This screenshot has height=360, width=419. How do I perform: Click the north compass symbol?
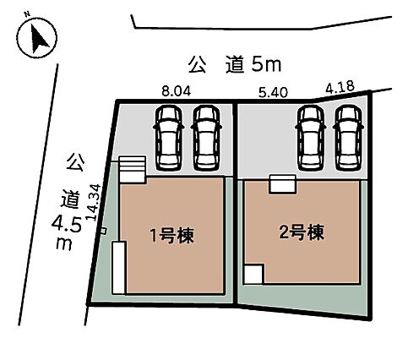pos(36,38)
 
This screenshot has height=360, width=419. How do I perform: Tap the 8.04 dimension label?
pos(177,91)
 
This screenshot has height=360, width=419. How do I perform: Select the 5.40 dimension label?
pos(273,92)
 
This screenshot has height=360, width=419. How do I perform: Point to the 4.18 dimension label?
pos(340,87)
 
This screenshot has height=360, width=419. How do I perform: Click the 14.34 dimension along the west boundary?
pos(93,202)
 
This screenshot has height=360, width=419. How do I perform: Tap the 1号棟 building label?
pos(172,236)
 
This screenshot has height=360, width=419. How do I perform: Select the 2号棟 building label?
pos(302,232)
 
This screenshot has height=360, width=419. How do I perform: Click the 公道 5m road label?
pos(235,65)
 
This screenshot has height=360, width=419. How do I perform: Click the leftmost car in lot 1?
pos(169,138)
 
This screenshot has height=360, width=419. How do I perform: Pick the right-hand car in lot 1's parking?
pos(206,138)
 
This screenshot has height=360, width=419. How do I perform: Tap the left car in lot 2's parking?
pos(311,138)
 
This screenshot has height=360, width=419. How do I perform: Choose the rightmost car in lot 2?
pos(348,138)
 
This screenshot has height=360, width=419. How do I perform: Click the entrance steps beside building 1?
pos(132,170)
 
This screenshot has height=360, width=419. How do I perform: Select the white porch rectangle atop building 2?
pos(282,184)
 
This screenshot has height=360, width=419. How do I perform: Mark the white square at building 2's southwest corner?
pos(253,275)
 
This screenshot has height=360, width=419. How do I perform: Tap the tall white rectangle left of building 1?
pos(119,268)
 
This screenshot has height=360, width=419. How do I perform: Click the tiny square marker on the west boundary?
pos(104,231)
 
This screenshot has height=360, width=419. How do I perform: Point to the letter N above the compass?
pos(27,14)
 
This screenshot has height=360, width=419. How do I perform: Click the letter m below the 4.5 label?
pos(64,243)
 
